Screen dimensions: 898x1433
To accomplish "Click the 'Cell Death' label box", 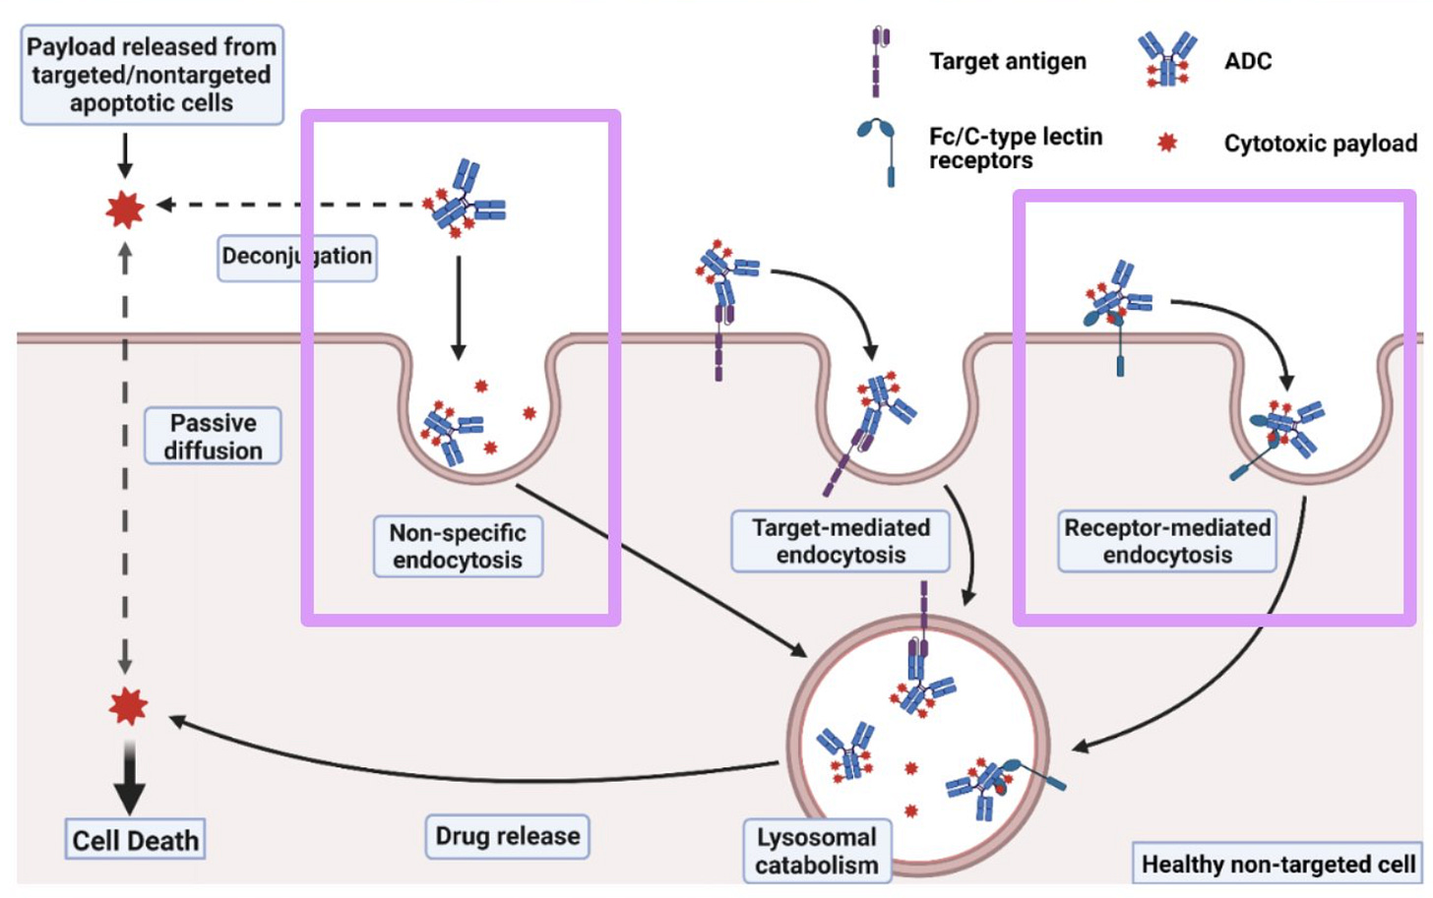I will [x=135, y=840].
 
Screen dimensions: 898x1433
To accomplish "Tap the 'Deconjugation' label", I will [x=296, y=258].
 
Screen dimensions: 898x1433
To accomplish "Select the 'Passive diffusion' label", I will [x=213, y=436].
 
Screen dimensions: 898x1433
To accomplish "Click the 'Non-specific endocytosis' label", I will [x=458, y=546].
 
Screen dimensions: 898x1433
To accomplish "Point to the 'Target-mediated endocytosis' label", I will [x=841, y=541].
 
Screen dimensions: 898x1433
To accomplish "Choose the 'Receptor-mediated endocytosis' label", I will [x=1167, y=541].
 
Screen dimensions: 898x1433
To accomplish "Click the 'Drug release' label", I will [x=508, y=836].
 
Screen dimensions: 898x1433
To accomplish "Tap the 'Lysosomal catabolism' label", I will [x=817, y=851].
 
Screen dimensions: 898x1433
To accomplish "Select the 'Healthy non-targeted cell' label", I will [x=1277, y=865].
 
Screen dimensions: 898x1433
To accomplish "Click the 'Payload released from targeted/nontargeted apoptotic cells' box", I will [x=152, y=75].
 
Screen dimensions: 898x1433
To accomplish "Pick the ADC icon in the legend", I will [x=1167, y=59].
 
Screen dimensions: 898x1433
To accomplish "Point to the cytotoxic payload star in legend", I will [x=1167, y=144].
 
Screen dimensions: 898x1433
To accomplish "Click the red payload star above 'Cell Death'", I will [x=128, y=705].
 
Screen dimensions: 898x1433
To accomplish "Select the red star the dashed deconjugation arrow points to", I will [x=125, y=209].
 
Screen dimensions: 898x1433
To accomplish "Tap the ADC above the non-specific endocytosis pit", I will [x=467, y=201].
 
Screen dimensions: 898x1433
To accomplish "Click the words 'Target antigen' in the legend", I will [x=1008, y=61].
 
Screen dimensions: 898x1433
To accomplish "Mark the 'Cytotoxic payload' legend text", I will [x=1320, y=144].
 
